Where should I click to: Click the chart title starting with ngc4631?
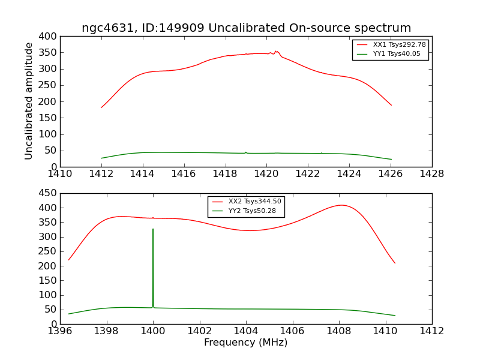246,28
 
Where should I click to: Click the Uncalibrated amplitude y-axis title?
29,101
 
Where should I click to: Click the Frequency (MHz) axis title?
246,343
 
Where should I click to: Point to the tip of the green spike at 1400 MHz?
153,229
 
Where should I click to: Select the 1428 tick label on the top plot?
431,174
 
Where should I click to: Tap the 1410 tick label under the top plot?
60,174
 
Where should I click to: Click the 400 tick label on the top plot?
49,37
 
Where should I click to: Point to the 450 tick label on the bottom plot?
49,193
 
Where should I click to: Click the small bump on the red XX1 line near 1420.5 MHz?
276,52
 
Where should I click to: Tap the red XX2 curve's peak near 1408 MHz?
341,205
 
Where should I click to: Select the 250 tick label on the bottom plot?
49,251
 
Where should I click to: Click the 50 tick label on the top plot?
51,151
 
